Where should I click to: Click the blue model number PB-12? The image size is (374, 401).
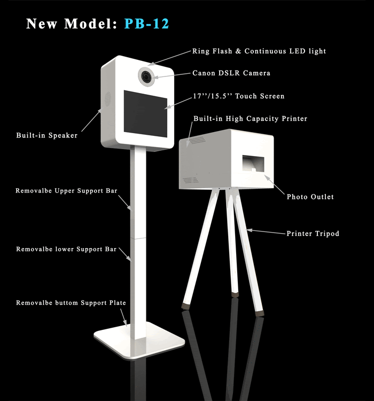coord(146,24)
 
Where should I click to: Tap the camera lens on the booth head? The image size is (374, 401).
coord(147,76)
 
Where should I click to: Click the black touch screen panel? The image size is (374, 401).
coord(145,114)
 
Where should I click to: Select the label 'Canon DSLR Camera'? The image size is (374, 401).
coord(231,73)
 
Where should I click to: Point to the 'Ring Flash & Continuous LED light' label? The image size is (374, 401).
coord(259,51)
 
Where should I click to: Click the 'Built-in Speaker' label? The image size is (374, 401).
coord(47,135)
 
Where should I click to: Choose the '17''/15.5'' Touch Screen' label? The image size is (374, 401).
coord(238,96)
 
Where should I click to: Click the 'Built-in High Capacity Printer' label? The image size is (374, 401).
coord(250,119)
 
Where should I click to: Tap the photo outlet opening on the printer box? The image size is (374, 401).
coord(253,164)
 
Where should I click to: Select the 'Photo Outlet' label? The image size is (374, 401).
coord(310,197)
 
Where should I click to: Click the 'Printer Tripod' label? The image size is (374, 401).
coord(313,234)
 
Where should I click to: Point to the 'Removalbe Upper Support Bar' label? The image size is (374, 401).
coord(66,191)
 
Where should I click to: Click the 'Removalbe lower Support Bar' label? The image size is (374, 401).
coord(66,249)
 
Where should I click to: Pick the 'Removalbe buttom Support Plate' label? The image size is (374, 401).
coord(71,303)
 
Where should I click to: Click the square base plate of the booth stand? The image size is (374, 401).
coord(139,340)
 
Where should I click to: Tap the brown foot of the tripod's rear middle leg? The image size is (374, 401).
coord(235,295)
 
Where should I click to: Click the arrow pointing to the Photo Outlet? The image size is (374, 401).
coord(274,184)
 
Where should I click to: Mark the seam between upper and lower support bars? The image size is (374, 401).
coord(138,238)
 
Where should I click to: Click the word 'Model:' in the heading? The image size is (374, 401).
coord(90,24)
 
